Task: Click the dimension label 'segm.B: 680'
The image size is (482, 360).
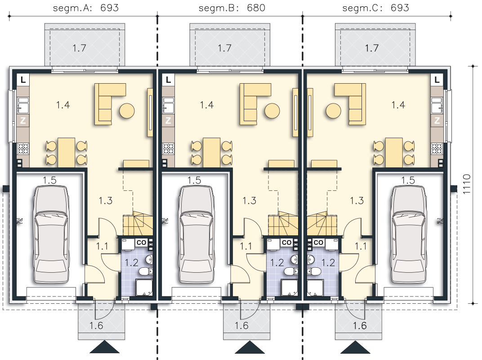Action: [232, 8]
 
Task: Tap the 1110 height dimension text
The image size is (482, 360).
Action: [467, 184]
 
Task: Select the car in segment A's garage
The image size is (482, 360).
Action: [51, 234]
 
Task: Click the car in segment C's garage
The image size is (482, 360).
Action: [409, 234]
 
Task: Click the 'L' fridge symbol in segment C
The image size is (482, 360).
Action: [437, 80]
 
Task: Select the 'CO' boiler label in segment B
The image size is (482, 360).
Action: [286, 243]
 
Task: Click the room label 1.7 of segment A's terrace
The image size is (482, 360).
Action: [79, 48]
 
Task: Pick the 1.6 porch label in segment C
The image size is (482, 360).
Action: [360, 325]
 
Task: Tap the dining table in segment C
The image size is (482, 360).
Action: [394, 153]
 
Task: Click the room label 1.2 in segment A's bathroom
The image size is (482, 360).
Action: [131, 262]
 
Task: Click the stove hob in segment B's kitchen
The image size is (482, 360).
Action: [168, 148]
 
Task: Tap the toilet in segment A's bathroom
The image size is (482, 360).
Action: [146, 271]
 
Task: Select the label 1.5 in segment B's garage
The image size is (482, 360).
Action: [194, 180]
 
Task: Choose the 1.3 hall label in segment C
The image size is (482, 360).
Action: [357, 201]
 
